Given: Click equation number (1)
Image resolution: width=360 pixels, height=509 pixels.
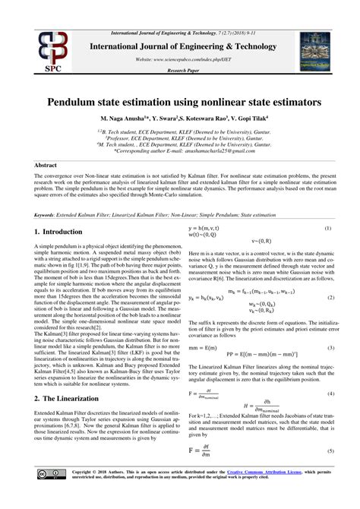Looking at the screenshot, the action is click(328, 228).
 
